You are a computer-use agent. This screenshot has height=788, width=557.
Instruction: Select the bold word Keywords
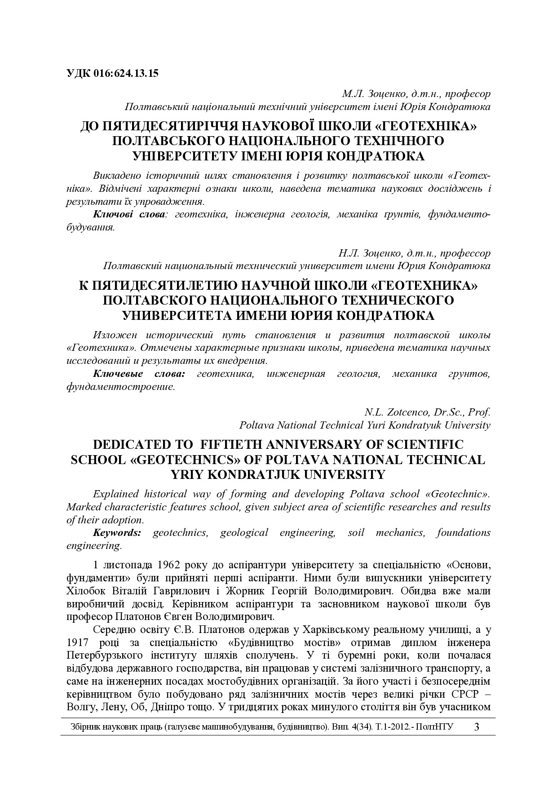(x=117, y=533)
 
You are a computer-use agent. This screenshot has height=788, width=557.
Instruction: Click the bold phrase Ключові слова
(x=129, y=214)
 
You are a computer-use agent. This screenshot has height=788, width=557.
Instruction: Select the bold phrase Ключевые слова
(x=139, y=374)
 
